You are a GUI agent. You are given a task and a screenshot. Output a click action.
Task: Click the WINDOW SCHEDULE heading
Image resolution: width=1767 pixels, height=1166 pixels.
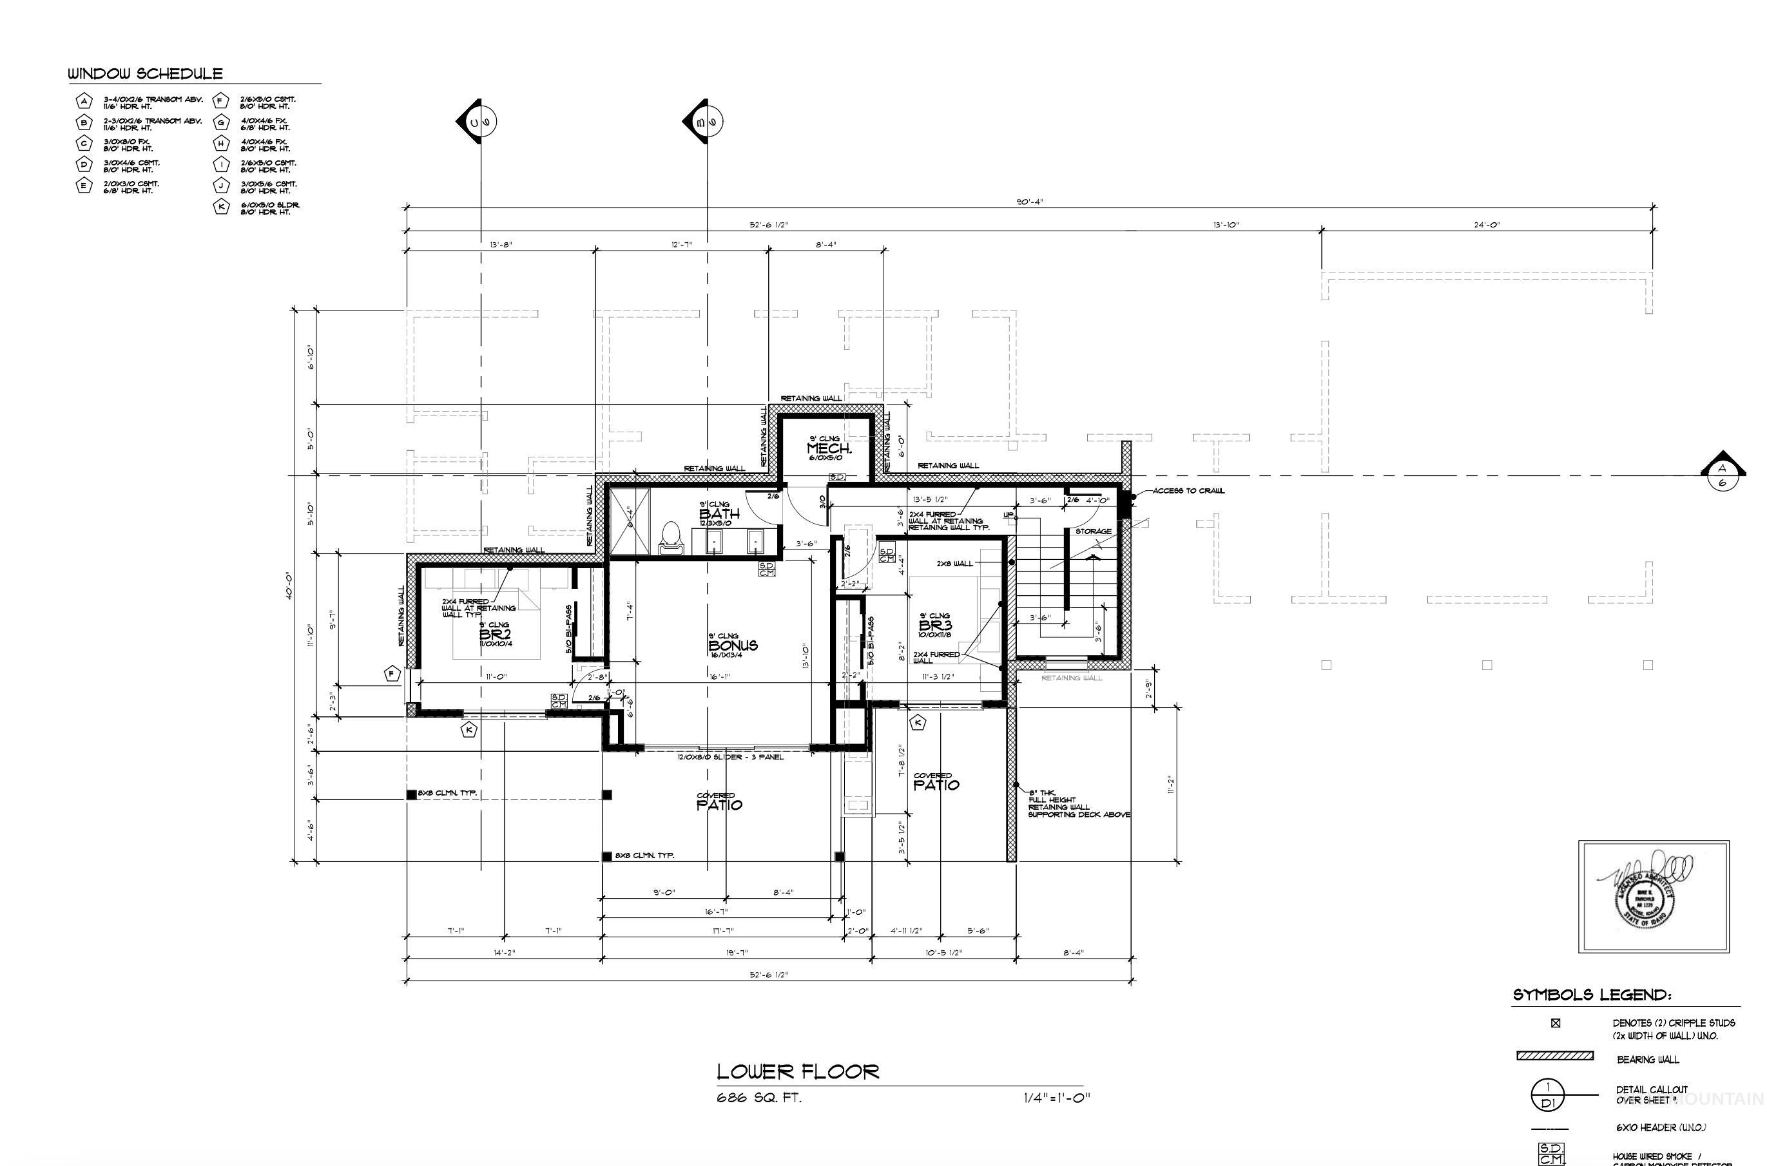145,73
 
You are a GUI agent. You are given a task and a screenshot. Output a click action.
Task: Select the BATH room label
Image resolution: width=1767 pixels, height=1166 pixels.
719,513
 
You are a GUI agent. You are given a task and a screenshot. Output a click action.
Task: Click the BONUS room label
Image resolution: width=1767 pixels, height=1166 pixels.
733,645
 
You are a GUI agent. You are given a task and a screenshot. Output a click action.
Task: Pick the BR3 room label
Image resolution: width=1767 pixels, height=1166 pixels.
935,626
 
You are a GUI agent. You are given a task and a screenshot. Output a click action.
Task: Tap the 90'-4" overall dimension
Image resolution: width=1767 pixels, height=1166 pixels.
1029,202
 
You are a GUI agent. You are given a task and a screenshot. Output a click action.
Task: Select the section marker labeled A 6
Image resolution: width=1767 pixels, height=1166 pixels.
1723,473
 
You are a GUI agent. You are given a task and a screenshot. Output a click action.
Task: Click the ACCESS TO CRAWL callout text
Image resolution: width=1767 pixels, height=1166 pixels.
1188,491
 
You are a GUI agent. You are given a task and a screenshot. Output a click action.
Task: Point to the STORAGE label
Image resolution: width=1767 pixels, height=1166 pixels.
1092,531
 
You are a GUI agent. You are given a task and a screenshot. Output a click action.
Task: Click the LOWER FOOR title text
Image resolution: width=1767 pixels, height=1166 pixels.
797,1071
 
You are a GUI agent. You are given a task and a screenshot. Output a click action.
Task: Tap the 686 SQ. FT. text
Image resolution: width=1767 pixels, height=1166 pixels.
758,1098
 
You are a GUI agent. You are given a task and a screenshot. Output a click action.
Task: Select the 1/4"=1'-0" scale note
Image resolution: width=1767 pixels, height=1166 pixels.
1056,1098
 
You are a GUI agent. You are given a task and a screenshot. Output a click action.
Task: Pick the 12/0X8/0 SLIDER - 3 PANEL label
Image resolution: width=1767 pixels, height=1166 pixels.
729,757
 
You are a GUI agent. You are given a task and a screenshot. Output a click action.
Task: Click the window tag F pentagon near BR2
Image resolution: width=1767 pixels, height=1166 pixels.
392,674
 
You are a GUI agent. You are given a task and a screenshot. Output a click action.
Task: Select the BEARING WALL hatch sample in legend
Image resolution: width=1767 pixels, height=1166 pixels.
1554,1056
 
